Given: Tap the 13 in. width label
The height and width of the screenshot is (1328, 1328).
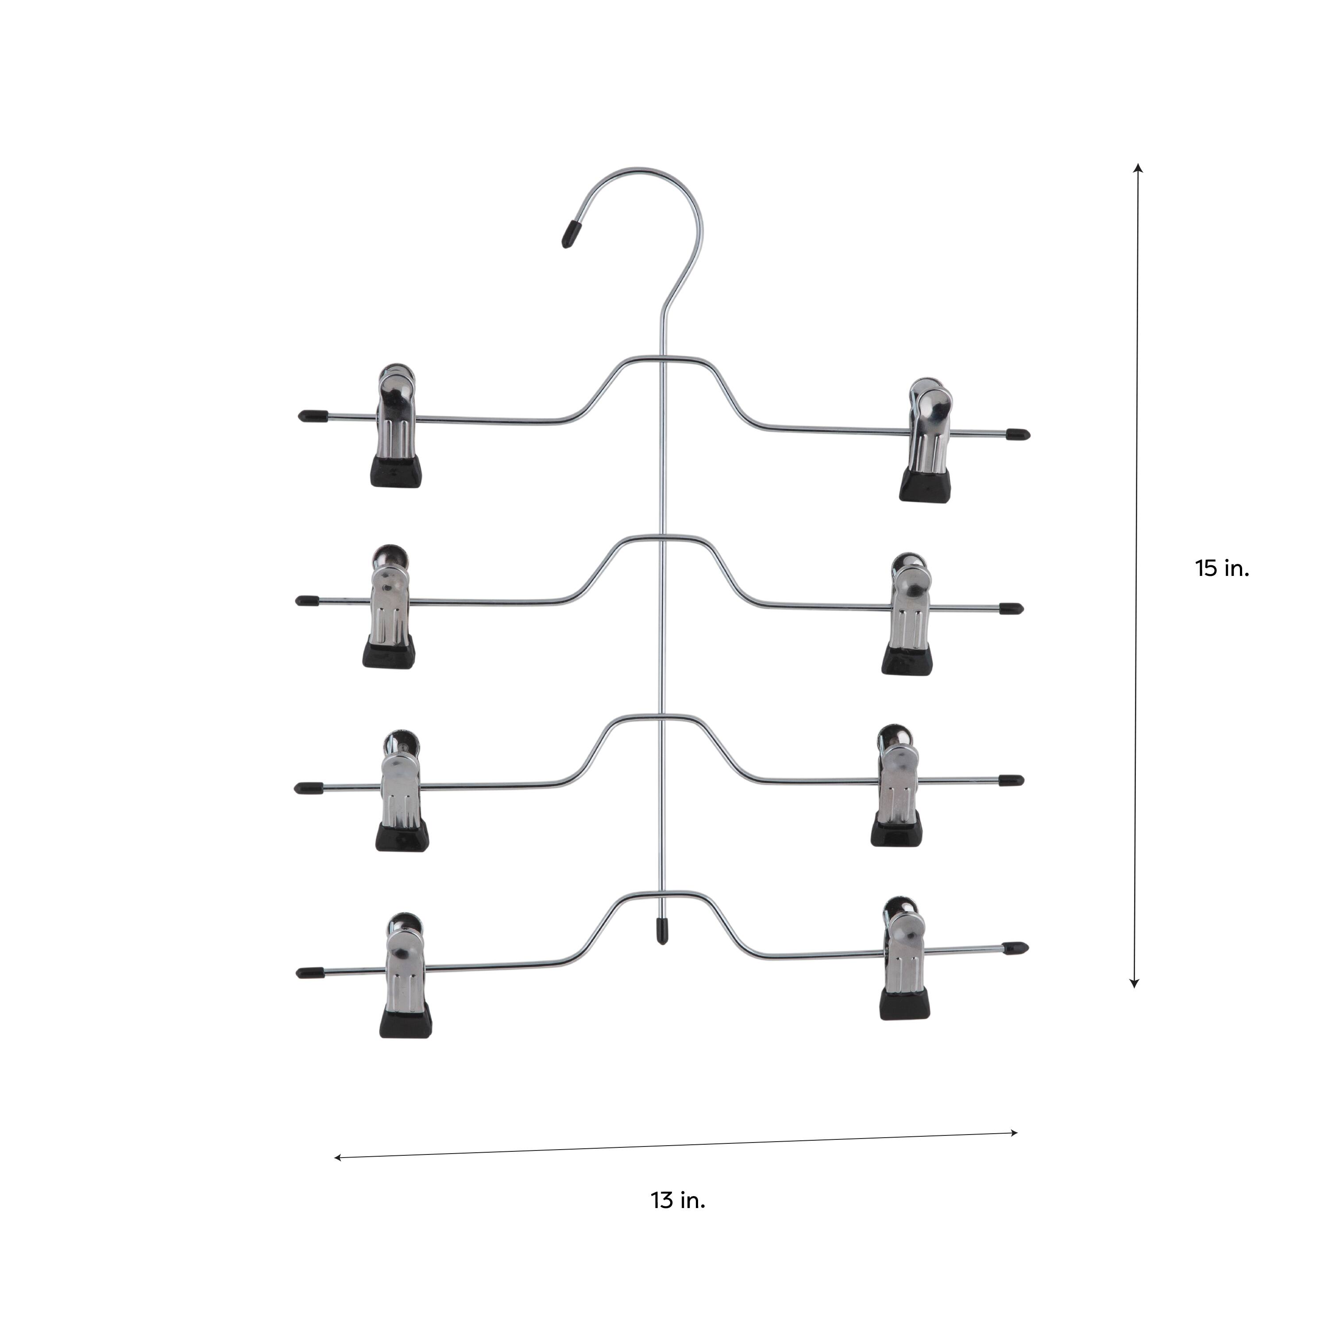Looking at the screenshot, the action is click(678, 1200).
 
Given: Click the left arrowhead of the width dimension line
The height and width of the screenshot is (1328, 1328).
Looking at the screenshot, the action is click(337, 1158).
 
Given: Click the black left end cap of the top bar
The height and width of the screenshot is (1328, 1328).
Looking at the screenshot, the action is click(313, 415).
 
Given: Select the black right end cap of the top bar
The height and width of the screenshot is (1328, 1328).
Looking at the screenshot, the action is click(1018, 434).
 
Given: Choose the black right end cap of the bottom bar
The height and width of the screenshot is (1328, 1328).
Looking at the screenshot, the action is click(1016, 949).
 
